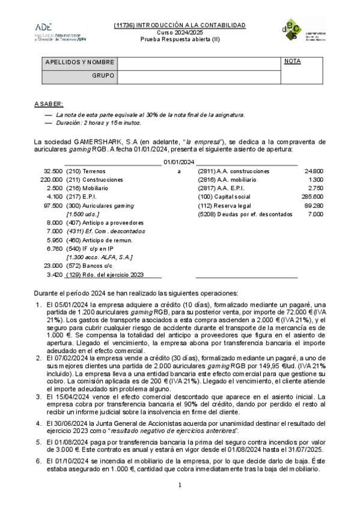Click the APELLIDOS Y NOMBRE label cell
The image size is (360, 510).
(x=79, y=62)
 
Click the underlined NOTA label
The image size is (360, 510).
(x=292, y=61)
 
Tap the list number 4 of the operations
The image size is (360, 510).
(x=39, y=422)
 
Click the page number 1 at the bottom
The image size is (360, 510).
(x=180, y=484)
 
